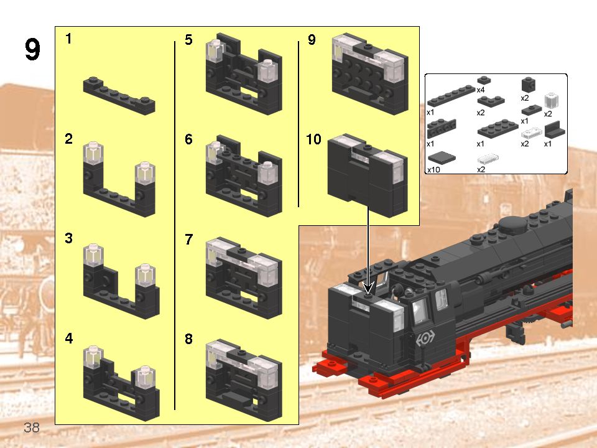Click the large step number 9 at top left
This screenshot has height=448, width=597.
click(x=33, y=50)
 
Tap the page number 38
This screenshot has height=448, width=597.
click(x=31, y=427)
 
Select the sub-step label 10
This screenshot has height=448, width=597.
click(x=313, y=140)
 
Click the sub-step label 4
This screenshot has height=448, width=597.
click(x=68, y=339)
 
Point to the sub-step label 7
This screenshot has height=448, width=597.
click(x=189, y=240)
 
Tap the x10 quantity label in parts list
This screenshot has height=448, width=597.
click(x=433, y=169)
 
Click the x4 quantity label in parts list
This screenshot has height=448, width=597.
click(x=481, y=90)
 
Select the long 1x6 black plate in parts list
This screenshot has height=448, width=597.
click(x=451, y=98)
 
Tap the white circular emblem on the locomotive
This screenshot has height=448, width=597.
click(x=425, y=338)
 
